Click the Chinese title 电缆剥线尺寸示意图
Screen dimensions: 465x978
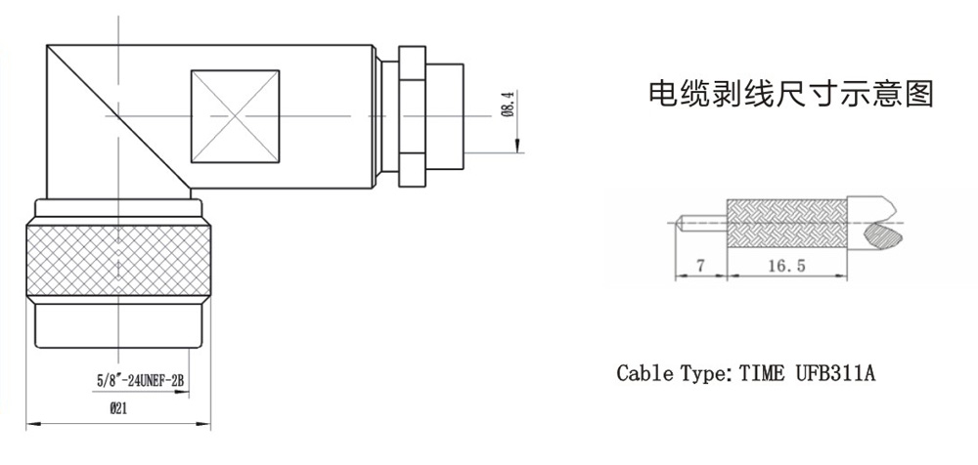tap(792, 96)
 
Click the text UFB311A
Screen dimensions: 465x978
tap(832, 373)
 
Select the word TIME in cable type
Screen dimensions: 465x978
tap(762, 373)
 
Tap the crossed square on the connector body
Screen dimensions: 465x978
tap(236, 116)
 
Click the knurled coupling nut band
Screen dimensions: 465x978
tap(118, 258)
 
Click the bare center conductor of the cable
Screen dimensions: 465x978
tap(704, 223)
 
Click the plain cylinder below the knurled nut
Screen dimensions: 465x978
tap(118, 326)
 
